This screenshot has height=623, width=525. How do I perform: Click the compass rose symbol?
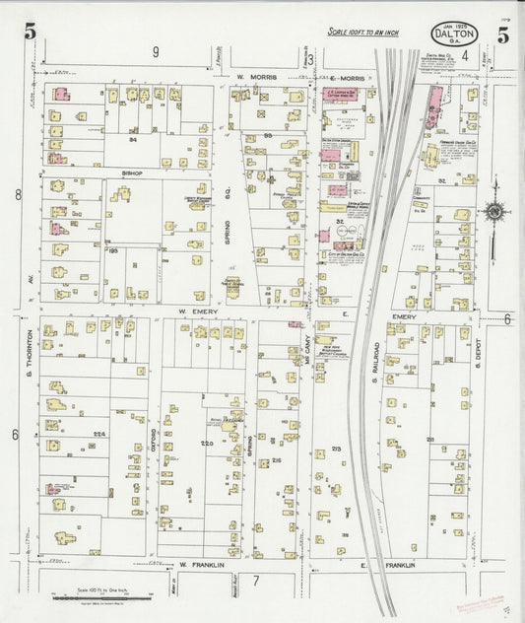(x=492, y=211)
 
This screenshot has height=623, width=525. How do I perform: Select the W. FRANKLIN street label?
(x=196, y=565)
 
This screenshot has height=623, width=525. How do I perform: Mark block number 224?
(x=98, y=433)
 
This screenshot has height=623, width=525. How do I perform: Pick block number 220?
(x=207, y=445)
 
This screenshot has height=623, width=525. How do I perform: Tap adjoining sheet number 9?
(x=155, y=50)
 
